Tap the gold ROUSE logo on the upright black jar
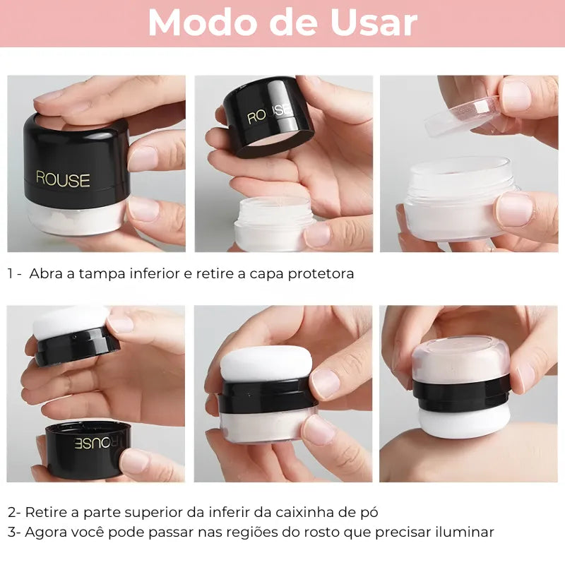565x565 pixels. [x=63, y=179]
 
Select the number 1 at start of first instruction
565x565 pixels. [x=11, y=274]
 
